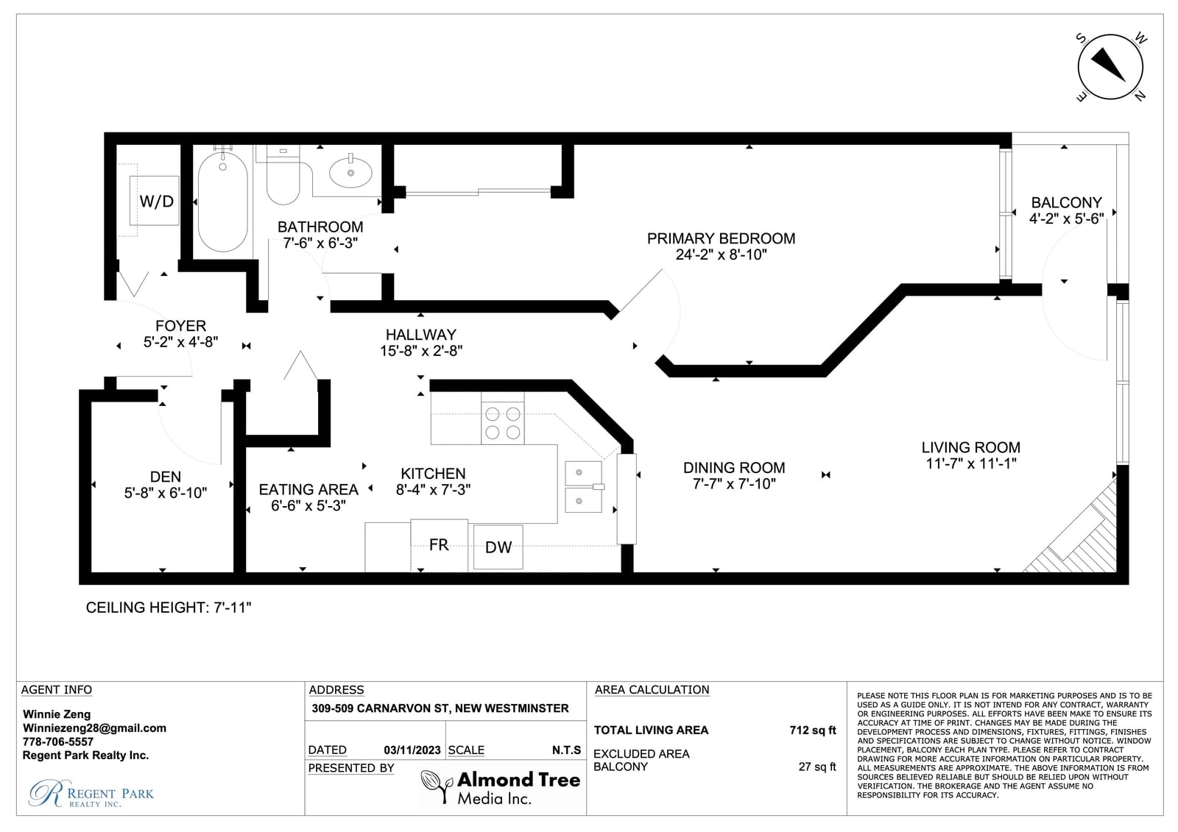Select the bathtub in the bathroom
coord(223,200)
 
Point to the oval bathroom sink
coord(350,172)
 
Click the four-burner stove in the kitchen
coord(503,423)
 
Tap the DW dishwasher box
coord(498,547)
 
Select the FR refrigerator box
coord(439,545)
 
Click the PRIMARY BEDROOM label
coord(721,238)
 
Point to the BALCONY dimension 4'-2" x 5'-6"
coord(1067,218)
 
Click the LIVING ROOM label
coord(971,447)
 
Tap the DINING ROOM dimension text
coord(734,483)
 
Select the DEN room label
coord(166,477)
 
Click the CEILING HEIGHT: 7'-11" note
coord(169,608)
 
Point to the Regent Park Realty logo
coord(91,793)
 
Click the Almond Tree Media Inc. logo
coord(501,787)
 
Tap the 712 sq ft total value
coord(813,730)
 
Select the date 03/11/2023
coord(412,750)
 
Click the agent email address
coord(95,728)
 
